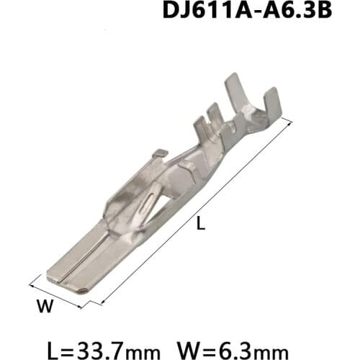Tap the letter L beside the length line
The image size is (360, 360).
point(201,225)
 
